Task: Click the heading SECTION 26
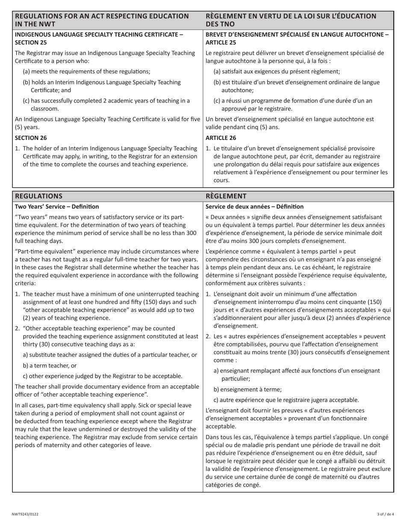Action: (x=31, y=138)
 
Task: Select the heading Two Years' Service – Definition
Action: (x=57, y=207)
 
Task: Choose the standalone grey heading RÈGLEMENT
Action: (x=226, y=196)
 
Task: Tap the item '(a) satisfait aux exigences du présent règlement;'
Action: (x=277, y=71)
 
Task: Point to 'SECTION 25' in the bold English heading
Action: (x=31, y=42)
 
